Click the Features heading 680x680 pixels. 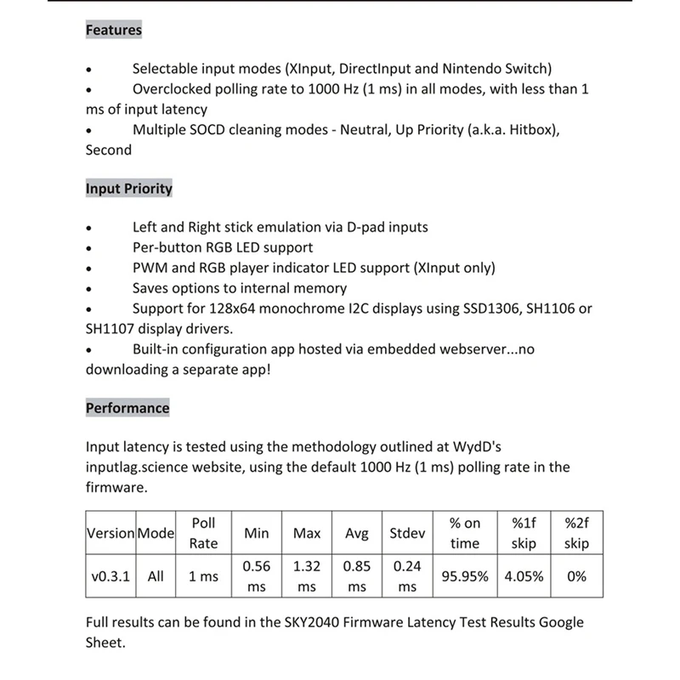pos(113,30)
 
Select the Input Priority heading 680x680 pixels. pos(128,189)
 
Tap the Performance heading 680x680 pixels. pos(127,408)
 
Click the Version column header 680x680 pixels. pos(110,533)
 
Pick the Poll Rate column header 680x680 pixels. pos(203,533)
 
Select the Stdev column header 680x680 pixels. pos(407,533)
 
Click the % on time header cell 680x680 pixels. pos(464,533)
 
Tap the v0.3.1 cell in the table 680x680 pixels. pos(110,576)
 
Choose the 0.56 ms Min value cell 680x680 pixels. pos(257,576)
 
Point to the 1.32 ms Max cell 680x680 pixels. pos(306,576)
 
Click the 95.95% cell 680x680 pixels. pos(464,576)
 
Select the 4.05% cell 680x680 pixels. pos(524,576)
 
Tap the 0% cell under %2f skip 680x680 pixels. pos(576,576)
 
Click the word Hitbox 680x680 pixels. pos(532,129)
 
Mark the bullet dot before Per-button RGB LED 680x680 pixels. pos(89,248)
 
